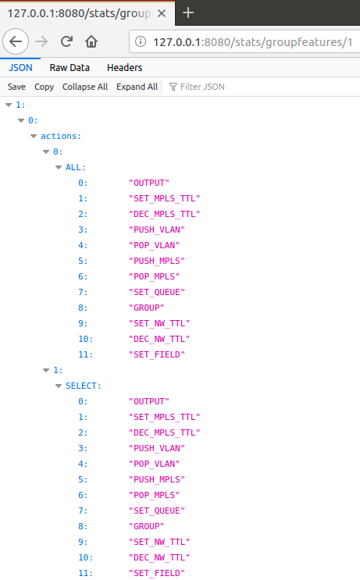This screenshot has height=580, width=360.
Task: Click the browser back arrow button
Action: [16, 41]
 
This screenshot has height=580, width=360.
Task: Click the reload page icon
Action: [66, 41]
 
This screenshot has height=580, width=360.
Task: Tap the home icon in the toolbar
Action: [91, 41]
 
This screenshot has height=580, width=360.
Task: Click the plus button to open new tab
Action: [188, 13]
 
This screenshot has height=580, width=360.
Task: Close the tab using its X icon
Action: [162, 13]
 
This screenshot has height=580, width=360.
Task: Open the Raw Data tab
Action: [70, 68]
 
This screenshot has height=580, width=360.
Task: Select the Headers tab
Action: [124, 68]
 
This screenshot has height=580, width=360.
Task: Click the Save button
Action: [16, 87]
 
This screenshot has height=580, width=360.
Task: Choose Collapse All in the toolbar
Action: [85, 87]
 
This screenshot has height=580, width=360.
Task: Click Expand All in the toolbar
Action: [137, 87]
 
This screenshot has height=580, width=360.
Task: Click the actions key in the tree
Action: [61, 136]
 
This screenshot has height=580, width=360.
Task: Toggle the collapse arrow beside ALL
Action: [59, 168]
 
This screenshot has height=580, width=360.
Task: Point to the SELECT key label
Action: [84, 386]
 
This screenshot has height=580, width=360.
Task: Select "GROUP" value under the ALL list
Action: [147, 308]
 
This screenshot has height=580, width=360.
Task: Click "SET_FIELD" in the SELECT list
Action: [157, 573]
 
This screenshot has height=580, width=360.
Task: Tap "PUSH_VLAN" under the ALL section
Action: [157, 230]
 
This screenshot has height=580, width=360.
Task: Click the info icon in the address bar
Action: [141, 41]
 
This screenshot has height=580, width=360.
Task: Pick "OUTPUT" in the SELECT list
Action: [149, 401]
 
